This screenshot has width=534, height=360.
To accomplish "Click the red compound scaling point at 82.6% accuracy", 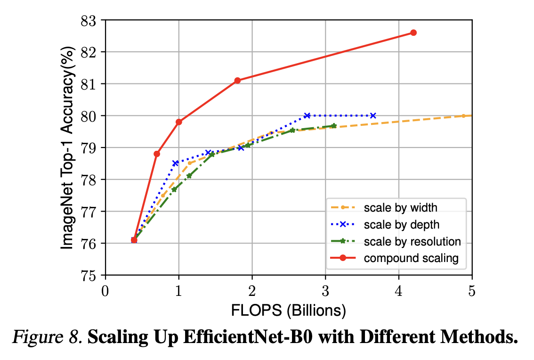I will click(x=413, y=33).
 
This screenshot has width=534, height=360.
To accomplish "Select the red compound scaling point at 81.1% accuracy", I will click(x=237, y=81).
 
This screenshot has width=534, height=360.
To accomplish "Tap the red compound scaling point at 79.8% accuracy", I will click(x=178, y=122).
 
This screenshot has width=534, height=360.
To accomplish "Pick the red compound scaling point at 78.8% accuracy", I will click(x=157, y=154).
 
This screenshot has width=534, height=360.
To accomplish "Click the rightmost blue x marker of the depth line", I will click(x=373, y=115).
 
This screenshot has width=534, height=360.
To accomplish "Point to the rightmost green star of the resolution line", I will click(x=334, y=126).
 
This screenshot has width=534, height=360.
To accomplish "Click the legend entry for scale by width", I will click(x=400, y=207).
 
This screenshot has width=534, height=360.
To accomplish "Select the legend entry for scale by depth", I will click(x=402, y=224).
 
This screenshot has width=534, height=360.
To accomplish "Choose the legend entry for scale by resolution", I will click(x=412, y=241).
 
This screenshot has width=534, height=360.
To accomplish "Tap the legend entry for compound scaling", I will click(x=411, y=258).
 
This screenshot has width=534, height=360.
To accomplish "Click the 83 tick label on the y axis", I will click(x=91, y=21).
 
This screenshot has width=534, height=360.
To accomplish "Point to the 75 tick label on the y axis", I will click(x=91, y=276).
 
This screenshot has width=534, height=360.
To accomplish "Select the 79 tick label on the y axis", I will click(x=91, y=148).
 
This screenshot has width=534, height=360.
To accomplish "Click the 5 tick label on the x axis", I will click(x=472, y=291).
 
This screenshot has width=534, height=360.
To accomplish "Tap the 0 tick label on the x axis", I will click(x=105, y=291).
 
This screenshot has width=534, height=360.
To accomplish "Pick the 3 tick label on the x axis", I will click(x=325, y=291).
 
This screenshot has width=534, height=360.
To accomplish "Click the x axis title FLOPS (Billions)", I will click(x=288, y=311).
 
